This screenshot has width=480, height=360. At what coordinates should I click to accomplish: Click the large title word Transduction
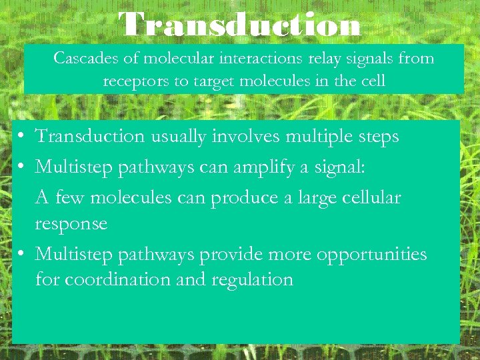click(x=240, y=25)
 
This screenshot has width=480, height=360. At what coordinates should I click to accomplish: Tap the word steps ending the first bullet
click(x=377, y=137)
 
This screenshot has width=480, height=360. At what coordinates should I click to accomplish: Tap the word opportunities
click(x=371, y=255)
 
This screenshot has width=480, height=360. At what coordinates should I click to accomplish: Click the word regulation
click(x=253, y=279)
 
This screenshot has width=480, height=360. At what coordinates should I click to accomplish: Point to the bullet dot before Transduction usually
click(x=22, y=137)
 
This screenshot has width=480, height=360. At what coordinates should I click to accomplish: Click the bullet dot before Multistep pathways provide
click(x=22, y=254)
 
